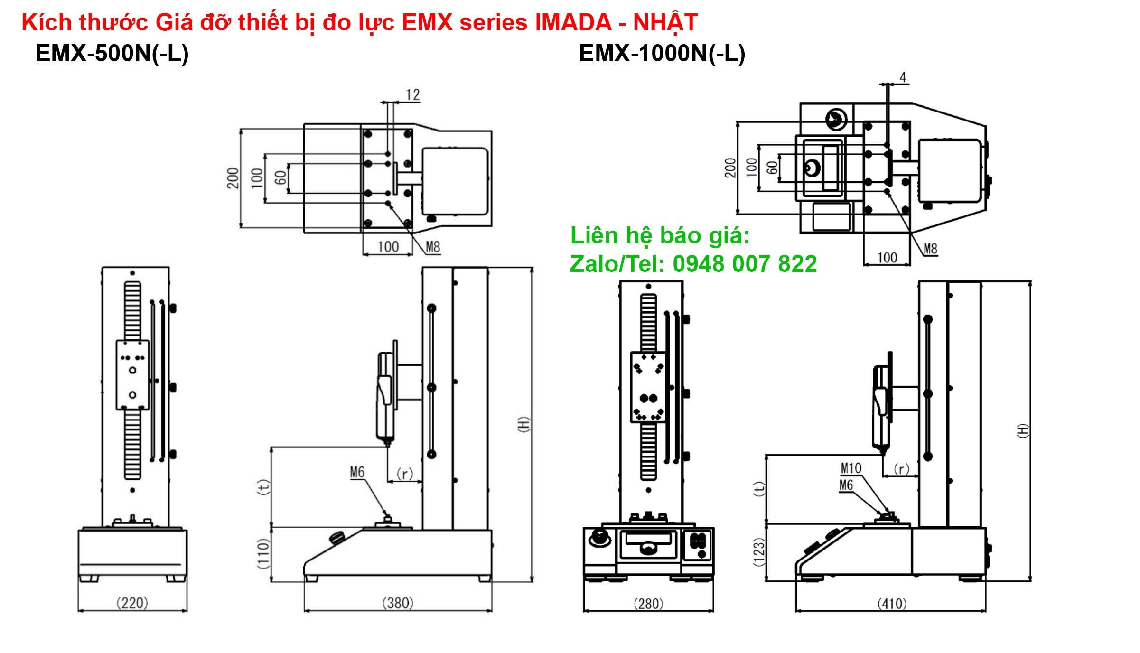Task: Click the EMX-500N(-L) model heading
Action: [x=112, y=53]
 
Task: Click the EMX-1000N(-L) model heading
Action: [x=662, y=53]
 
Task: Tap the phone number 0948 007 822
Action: [x=745, y=264]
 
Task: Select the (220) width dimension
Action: [x=132, y=603]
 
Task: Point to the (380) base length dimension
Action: [x=398, y=603]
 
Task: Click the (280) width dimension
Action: [x=648, y=604]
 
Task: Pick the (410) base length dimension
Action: [x=892, y=604]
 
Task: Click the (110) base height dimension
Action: [x=263, y=553]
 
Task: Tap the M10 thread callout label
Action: [x=851, y=468]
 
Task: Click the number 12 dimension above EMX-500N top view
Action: [x=412, y=95]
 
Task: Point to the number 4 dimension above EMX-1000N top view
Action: [x=903, y=77]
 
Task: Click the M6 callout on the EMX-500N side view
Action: [x=357, y=472]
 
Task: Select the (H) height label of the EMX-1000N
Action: [x=1023, y=430]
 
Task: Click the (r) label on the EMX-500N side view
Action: [x=404, y=474]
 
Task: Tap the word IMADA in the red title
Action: [x=573, y=22]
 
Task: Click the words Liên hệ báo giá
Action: [x=660, y=236]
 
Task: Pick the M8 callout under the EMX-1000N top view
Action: [x=930, y=249]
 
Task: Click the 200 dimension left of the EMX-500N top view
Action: [x=233, y=178]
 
